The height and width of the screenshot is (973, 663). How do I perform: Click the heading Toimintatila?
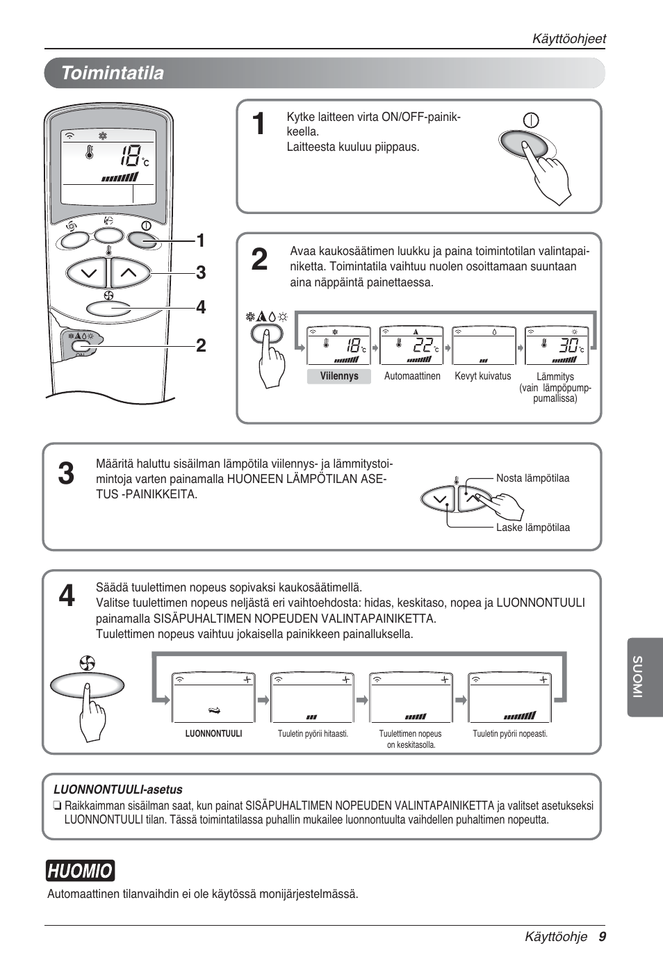point(113,73)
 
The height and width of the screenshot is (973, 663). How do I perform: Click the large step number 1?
point(259,124)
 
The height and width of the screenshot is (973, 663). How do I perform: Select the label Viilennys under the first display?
point(339,376)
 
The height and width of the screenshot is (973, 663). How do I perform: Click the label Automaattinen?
point(412,376)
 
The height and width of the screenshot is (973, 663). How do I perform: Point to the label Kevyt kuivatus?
point(483,376)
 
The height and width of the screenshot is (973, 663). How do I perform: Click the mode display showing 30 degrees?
point(557,345)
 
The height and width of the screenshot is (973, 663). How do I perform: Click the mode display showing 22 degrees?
point(411,345)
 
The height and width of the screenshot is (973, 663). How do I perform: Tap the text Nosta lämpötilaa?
point(532,478)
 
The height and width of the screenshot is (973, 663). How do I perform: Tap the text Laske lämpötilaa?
point(532,528)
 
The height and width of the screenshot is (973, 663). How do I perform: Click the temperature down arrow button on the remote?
point(88,273)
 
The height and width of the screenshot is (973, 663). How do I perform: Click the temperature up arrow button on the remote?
point(130,273)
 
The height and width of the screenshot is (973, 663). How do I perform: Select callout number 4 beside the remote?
point(201,307)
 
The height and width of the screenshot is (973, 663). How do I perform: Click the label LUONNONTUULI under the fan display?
point(213,734)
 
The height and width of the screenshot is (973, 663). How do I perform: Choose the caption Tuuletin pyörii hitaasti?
point(313,734)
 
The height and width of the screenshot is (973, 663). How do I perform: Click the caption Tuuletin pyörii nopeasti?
point(510,734)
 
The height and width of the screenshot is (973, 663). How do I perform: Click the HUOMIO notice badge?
point(80,871)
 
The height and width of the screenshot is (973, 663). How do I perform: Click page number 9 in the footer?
point(603,937)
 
